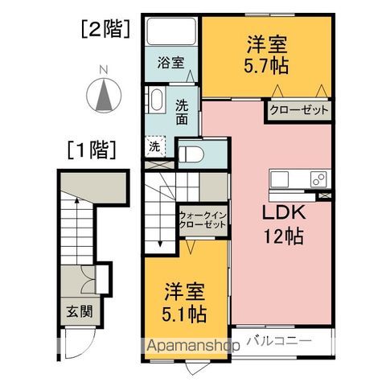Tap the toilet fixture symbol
(x=190, y=154)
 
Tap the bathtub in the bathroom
(x=171, y=33)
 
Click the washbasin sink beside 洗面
(x=154, y=102)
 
